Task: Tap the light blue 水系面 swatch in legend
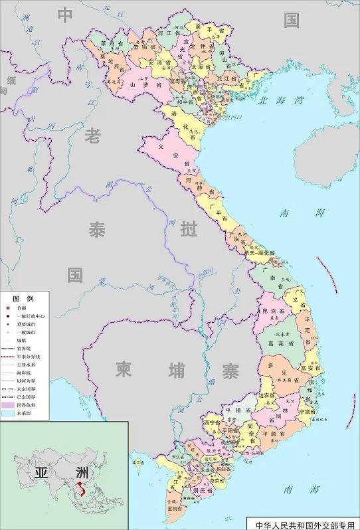pos(8,412)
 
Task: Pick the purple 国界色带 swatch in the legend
pos(8,404)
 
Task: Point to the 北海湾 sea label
pos(280,101)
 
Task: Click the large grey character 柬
pos(124,369)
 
